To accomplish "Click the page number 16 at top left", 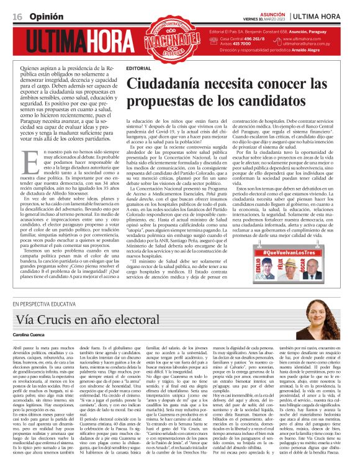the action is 17,14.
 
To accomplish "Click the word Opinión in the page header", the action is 43,14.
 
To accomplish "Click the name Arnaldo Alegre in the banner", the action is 325,50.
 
